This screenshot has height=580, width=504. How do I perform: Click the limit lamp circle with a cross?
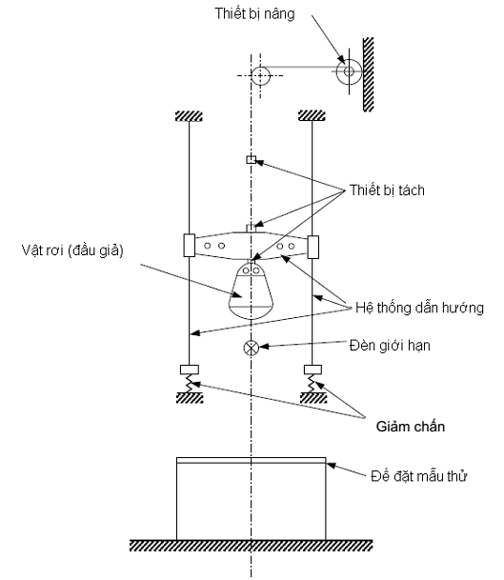pos(252,348)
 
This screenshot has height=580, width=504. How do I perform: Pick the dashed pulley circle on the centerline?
pos(257,73)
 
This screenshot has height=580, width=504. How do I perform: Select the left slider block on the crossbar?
pos(189,245)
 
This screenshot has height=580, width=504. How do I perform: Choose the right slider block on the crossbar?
pos(313,245)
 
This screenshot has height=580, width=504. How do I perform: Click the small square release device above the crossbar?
pos(252,160)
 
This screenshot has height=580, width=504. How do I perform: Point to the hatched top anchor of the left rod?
pos(189,116)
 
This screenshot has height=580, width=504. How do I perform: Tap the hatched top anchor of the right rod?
pos(313,116)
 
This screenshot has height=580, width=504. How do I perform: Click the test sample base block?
pos(252,499)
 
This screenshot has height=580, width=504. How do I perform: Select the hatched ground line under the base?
pos(252,546)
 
